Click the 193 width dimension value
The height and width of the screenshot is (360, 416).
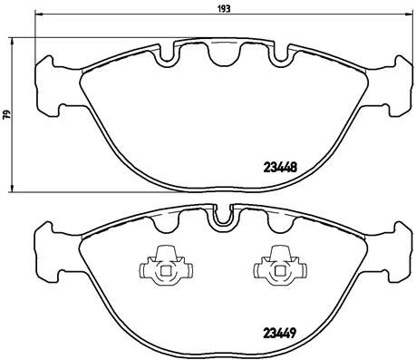point(223,7)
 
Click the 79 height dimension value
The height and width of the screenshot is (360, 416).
point(6,115)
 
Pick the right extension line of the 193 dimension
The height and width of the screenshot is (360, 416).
point(400,36)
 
